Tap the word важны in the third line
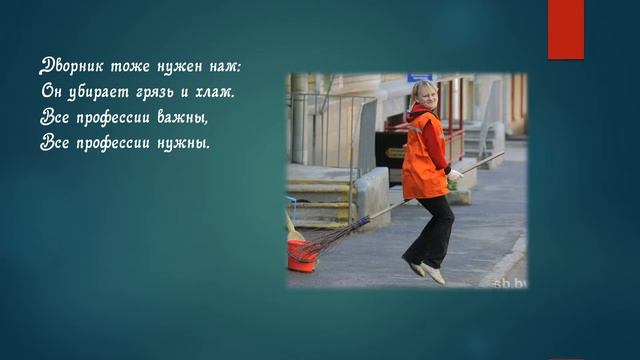(x=188, y=117)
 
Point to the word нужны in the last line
(x=184, y=142)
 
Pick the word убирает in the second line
(x=106, y=92)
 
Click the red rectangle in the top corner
(x=565, y=28)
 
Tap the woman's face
(x=425, y=98)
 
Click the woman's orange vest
(x=424, y=155)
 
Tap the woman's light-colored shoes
(x=424, y=270)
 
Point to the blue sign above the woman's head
(x=421, y=77)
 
